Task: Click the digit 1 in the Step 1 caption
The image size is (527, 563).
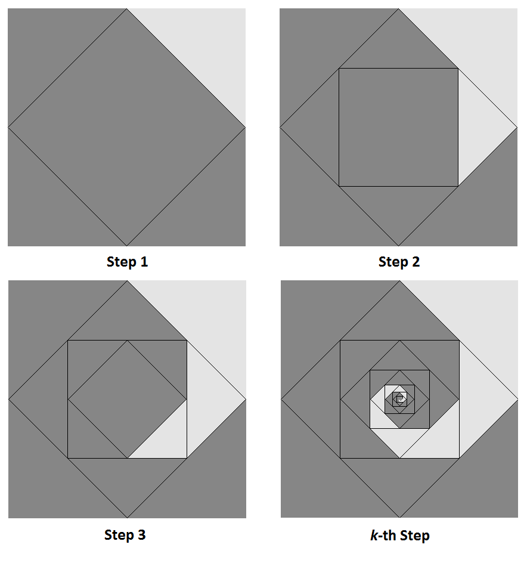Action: click(x=144, y=262)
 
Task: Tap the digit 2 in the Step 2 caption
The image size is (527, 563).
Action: click(x=416, y=262)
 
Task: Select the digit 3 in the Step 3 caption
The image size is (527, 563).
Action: click(x=142, y=534)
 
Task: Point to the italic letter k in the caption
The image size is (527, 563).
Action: click(x=374, y=535)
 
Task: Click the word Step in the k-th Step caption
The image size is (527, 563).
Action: click(x=415, y=536)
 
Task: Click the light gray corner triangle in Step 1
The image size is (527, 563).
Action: click(x=206, y=48)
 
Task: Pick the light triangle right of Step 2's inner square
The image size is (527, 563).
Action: click(x=478, y=128)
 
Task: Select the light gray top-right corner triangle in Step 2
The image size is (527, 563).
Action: click(x=478, y=48)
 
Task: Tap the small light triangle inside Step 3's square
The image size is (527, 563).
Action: click(x=168, y=438)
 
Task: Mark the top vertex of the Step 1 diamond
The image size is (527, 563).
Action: click(x=127, y=9)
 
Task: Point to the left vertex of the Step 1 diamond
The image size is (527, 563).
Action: click(x=8, y=128)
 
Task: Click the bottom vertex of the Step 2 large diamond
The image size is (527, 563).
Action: click(x=398, y=246)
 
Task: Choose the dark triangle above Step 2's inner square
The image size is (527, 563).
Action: click(x=398, y=48)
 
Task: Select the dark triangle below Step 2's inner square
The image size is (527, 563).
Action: click(x=398, y=206)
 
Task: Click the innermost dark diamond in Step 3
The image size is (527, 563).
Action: click(x=127, y=399)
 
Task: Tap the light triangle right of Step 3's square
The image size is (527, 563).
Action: click(x=206, y=399)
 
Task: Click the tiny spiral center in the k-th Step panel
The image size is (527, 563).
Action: click(x=399, y=399)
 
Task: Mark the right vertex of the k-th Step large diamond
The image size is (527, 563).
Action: click(x=517, y=399)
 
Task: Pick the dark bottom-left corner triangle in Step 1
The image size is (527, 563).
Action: click(x=47, y=207)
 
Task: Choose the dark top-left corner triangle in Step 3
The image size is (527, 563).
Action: click(x=48, y=320)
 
